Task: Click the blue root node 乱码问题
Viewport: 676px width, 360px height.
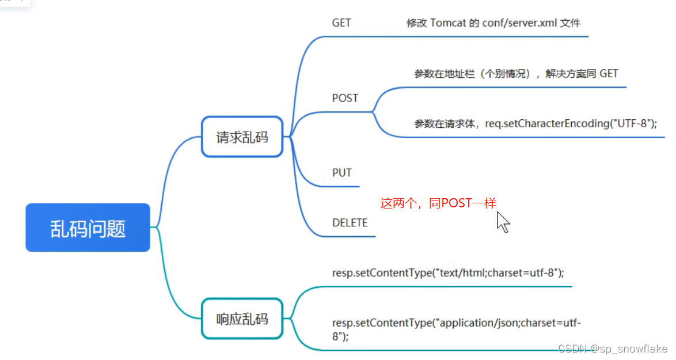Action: pyautogui.click(x=88, y=228)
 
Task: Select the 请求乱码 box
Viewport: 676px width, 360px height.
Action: pyautogui.click(x=242, y=137)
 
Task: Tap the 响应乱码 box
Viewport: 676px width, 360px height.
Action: pyautogui.click(x=242, y=318)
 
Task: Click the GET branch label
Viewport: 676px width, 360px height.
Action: pyautogui.click(x=341, y=23)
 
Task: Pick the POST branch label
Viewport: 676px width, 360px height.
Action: pyautogui.click(x=345, y=98)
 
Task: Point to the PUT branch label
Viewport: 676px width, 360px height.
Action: pyautogui.click(x=342, y=173)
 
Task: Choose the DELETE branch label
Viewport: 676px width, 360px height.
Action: pyautogui.click(x=350, y=222)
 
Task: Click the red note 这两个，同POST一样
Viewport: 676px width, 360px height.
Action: pyautogui.click(x=438, y=203)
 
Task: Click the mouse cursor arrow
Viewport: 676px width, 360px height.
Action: pyautogui.click(x=503, y=222)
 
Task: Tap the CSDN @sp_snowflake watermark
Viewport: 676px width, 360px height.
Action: pyautogui.click(x=613, y=349)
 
